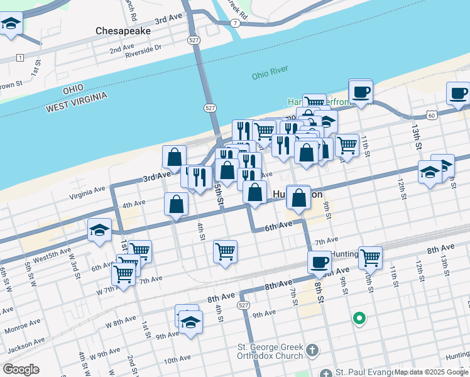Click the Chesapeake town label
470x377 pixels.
[x=123, y=30]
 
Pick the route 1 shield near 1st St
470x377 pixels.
[x=21, y=58]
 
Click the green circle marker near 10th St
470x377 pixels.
[x=359, y=319]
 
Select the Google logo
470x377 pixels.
[x=20, y=369]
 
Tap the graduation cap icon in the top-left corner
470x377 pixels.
[x=11, y=25]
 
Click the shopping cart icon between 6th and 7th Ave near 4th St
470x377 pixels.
[x=225, y=252]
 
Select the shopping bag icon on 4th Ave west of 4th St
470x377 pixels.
[x=176, y=204]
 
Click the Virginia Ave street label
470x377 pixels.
[x=88, y=189]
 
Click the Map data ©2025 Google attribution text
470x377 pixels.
[x=431, y=372]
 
